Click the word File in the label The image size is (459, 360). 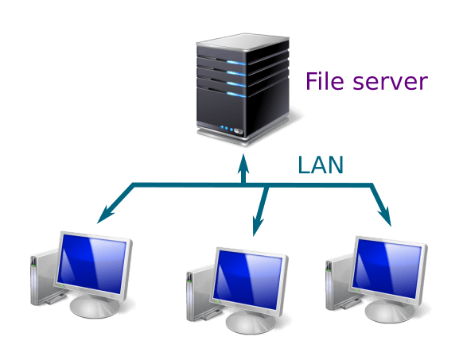[x=325, y=81]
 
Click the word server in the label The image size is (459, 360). [x=391, y=82]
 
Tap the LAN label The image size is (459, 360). [x=321, y=165]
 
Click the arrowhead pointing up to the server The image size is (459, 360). [x=243, y=163]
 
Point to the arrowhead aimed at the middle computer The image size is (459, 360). [x=258, y=226]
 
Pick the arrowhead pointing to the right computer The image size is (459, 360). [x=385, y=215]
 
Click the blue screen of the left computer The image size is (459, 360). [x=92, y=264]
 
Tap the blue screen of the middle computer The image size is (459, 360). [x=247, y=279]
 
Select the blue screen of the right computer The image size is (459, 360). [x=387, y=268]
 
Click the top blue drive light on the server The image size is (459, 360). [x=236, y=63]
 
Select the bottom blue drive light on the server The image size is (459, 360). [x=236, y=95]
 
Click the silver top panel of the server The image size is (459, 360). [x=243, y=42]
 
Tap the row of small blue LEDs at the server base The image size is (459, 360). [x=227, y=129]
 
